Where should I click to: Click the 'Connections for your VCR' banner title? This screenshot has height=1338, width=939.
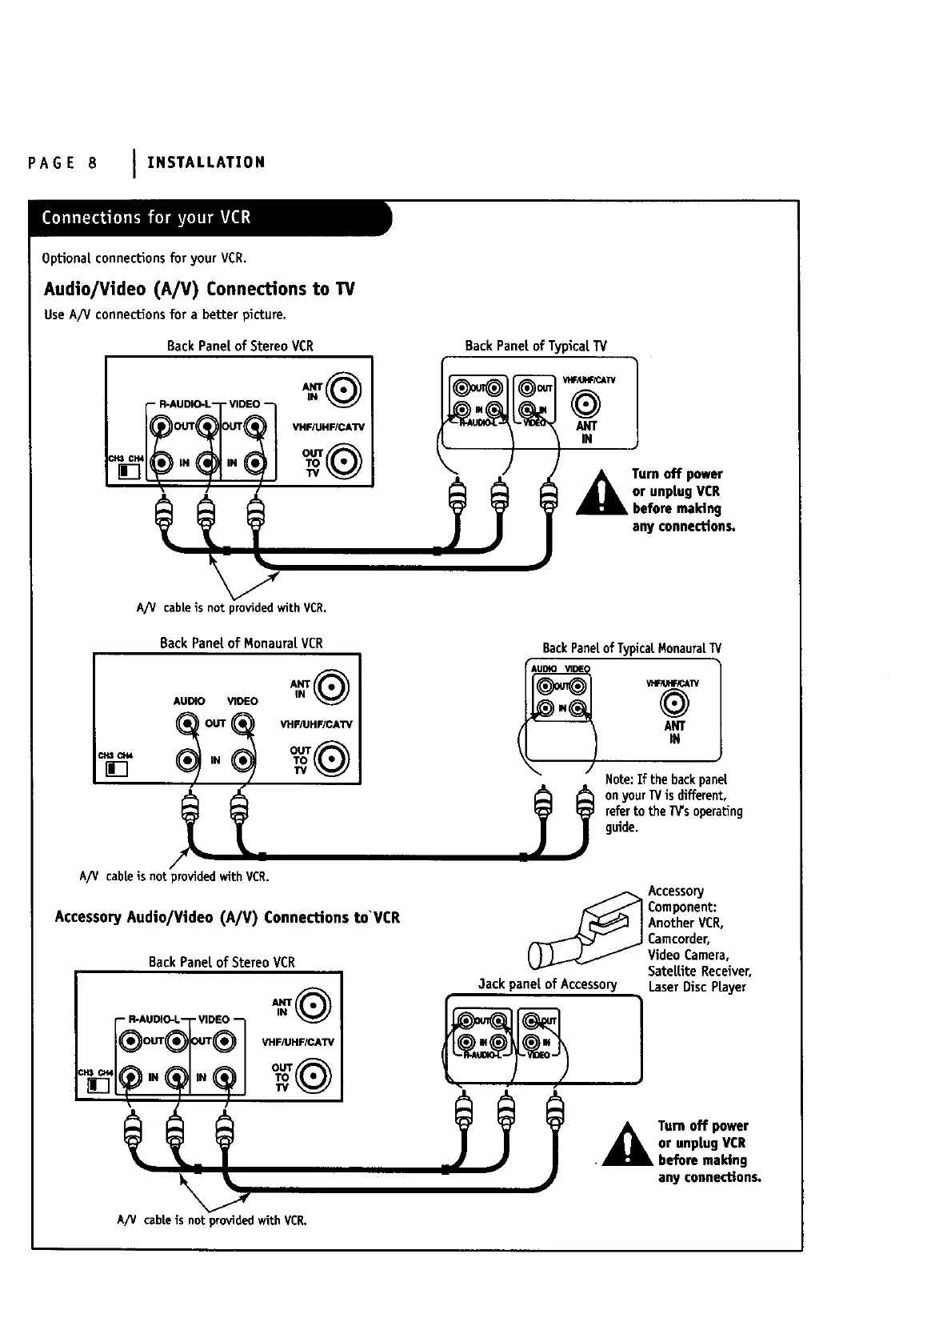tap(146, 218)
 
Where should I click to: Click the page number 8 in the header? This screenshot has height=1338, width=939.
tap(93, 163)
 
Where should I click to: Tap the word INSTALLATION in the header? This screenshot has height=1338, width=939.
tap(206, 162)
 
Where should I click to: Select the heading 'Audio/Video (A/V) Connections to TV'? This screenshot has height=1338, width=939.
tap(199, 289)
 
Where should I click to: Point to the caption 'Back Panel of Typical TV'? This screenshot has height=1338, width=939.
tap(536, 346)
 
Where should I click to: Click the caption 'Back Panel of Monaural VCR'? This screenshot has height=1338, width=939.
tap(241, 643)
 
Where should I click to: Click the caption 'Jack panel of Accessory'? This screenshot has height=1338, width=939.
tap(547, 984)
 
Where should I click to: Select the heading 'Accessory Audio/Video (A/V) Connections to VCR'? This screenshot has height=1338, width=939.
tap(227, 918)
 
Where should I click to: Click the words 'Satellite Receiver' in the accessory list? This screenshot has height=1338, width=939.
tap(699, 971)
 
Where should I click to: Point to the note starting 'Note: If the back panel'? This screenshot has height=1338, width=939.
tap(673, 803)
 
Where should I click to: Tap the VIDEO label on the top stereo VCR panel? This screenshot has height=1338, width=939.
tap(244, 404)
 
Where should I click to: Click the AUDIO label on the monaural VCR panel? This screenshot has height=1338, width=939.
tap(189, 701)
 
